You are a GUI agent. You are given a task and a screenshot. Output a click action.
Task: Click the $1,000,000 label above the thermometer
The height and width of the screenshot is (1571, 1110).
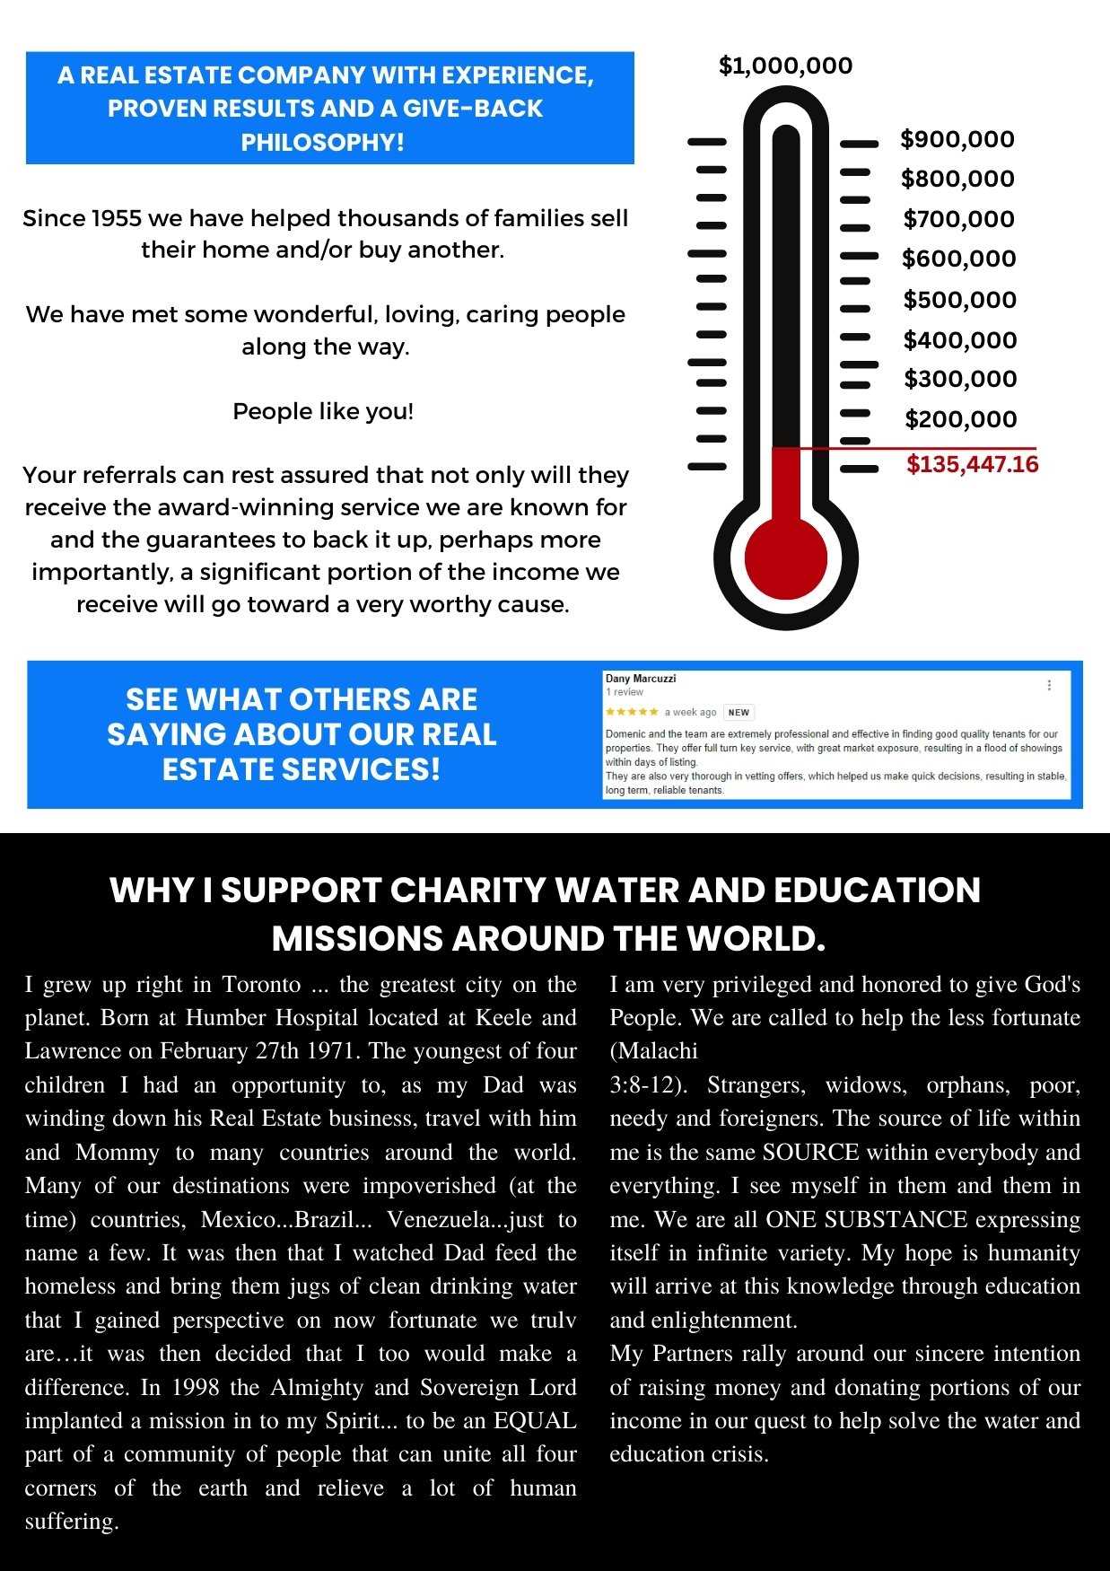(785, 66)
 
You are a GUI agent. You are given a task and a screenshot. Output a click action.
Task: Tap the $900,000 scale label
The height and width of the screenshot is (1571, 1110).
(957, 139)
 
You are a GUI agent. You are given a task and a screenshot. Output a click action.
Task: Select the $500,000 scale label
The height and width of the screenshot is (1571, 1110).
(959, 300)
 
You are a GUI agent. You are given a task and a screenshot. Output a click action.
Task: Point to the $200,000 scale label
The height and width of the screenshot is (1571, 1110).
(960, 419)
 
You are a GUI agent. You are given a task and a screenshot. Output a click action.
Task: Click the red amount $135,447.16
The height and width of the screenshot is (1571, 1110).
(972, 464)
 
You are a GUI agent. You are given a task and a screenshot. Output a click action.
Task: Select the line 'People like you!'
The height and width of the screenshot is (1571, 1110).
(323, 411)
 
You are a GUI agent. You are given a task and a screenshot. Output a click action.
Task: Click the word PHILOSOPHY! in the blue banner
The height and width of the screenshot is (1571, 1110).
(322, 142)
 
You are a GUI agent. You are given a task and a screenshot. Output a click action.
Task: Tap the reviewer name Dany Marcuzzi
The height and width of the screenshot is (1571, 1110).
(641, 679)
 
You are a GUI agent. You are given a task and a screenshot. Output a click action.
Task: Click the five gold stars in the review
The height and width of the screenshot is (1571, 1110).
(632, 712)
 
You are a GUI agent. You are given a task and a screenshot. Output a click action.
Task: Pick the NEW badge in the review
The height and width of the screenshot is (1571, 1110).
(739, 712)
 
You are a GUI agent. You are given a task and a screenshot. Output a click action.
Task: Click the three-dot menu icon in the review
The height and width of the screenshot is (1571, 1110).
(1049, 685)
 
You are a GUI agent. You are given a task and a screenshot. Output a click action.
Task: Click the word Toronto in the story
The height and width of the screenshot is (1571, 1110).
(261, 985)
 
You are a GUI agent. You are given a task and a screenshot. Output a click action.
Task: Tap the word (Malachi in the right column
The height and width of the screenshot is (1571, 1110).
(653, 1051)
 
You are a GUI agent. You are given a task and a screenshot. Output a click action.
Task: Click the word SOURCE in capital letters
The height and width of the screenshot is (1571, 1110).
(810, 1153)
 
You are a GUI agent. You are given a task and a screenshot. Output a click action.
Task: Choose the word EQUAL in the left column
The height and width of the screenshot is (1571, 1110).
(535, 1421)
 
